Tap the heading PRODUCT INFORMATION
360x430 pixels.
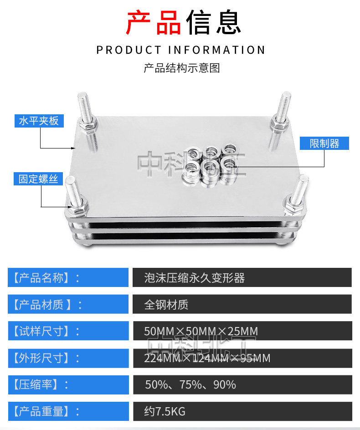180,50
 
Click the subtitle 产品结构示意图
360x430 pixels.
182,68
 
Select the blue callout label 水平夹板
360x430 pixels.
39,121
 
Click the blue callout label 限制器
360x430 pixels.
324,143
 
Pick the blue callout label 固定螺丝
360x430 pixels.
38,179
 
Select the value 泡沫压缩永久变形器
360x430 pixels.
195,278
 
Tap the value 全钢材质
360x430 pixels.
166,304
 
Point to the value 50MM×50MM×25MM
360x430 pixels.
201,331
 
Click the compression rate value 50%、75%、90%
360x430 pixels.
190,385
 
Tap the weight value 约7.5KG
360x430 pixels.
165,412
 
